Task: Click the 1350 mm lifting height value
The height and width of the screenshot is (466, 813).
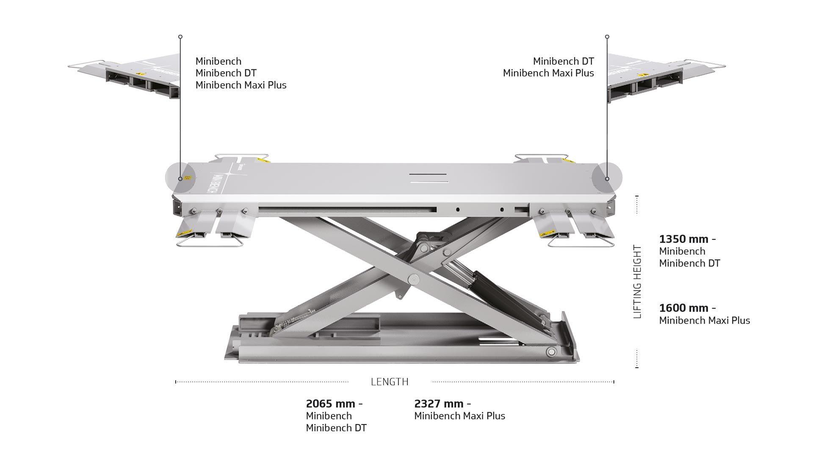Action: pos(683,239)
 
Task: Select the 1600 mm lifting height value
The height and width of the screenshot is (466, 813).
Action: pos(683,308)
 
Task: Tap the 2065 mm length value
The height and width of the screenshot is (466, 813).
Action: pos(330,404)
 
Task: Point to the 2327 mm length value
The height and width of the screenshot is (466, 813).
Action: pos(439,404)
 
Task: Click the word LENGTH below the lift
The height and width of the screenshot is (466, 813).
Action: pos(390,382)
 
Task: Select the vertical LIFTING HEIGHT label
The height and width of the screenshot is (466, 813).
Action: pos(637,282)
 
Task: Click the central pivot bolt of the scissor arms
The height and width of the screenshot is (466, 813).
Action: pos(412,278)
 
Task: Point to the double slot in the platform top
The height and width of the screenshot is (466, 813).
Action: pos(429,178)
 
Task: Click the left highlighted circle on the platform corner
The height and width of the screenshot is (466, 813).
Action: pos(180,178)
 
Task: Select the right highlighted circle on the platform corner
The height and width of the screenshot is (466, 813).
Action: pos(607,178)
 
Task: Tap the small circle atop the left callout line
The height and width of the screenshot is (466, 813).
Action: pos(180,37)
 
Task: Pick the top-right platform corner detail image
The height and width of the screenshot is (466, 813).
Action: pos(661,76)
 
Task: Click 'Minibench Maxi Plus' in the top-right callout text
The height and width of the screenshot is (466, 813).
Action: pos(548,73)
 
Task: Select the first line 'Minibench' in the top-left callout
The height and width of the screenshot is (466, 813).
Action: pos(218,61)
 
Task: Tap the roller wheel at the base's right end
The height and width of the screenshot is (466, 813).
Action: pos(551,351)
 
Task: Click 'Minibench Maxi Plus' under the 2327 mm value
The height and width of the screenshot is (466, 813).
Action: pos(459,416)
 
